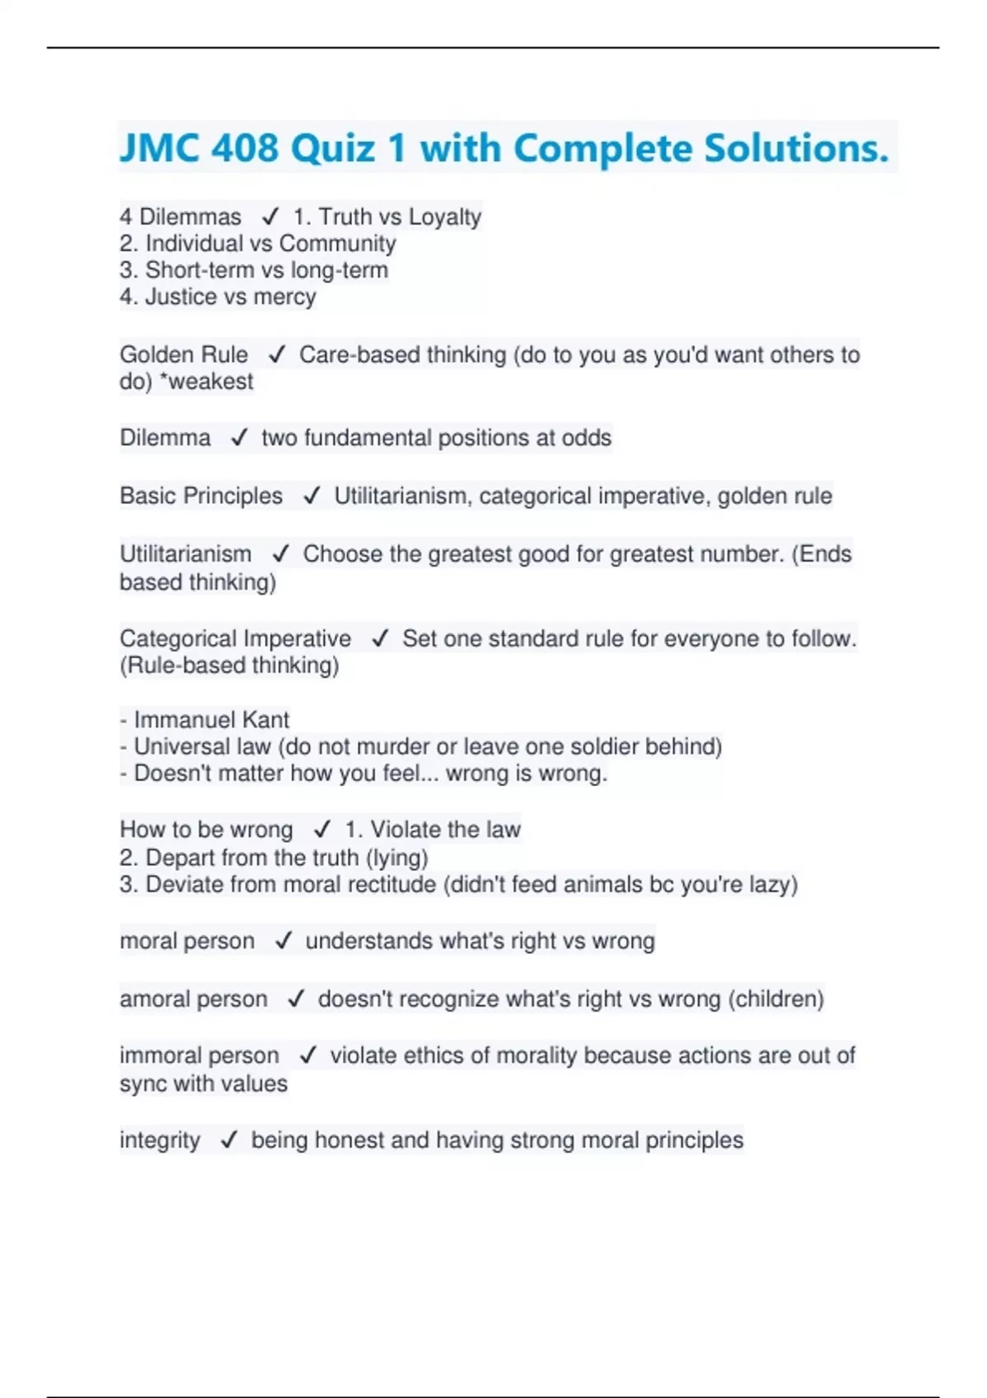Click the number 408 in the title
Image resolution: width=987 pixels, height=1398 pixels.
click(245, 149)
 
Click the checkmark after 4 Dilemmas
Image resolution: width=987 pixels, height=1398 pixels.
click(270, 217)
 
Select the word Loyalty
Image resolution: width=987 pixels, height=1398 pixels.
click(445, 217)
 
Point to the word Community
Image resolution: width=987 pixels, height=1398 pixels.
click(337, 243)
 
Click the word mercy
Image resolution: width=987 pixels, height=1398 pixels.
click(285, 297)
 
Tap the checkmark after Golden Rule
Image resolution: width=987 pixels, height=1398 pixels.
click(276, 354)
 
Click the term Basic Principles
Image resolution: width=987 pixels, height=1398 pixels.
click(201, 496)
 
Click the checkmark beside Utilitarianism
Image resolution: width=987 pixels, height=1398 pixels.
click(280, 554)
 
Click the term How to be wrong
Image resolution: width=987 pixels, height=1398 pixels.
click(206, 830)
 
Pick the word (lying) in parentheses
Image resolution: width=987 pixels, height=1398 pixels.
click(397, 858)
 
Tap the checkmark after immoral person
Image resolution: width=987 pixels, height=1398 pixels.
click(308, 1056)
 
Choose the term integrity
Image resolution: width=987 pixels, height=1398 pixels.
click(160, 1141)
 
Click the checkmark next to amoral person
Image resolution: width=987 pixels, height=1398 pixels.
click(296, 999)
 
